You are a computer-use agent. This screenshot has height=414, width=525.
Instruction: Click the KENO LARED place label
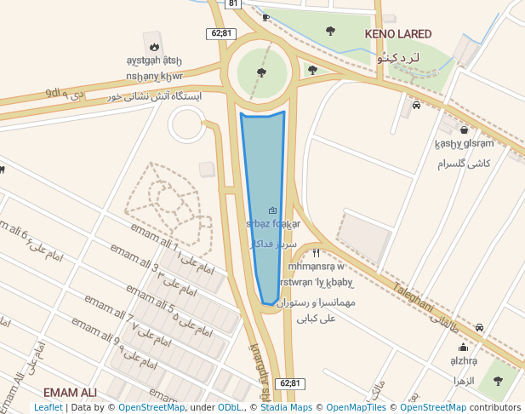point(397,34)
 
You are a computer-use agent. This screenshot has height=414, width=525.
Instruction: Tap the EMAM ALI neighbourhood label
point(70,393)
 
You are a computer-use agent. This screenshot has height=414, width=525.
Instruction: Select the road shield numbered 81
point(233,3)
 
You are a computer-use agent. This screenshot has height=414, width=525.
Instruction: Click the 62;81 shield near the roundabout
point(220,33)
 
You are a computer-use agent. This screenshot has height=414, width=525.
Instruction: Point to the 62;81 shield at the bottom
point(290,383)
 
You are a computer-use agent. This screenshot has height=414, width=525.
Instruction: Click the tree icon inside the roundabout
point(260,72)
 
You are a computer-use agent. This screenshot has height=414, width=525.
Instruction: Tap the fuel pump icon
point(266,17)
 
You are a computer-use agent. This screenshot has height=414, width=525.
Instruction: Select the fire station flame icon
point(153,47)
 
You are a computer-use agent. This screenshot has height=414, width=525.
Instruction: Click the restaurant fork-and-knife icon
point(316,252)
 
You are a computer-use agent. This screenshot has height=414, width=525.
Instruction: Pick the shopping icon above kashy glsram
point(463,130)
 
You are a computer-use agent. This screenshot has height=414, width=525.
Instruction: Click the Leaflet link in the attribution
point(49,408)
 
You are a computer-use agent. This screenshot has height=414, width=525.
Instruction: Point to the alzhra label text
point(464,361)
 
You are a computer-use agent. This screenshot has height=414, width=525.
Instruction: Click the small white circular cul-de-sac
point(188,125)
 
